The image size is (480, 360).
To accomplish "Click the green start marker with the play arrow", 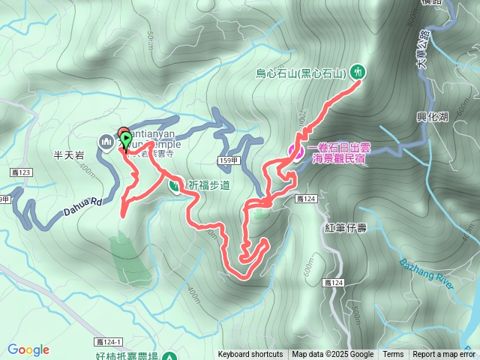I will (126, 139).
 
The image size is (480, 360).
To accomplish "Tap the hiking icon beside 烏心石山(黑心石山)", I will (358, 72).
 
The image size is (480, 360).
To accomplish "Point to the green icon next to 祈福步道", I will (175, 184).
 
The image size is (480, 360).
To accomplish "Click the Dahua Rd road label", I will (77, 205).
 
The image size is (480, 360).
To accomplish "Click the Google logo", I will (28, 349).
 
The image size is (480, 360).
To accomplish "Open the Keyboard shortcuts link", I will (250, 355).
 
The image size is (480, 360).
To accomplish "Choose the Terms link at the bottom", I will (393, 355).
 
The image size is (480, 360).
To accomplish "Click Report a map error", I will (445, 355).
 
